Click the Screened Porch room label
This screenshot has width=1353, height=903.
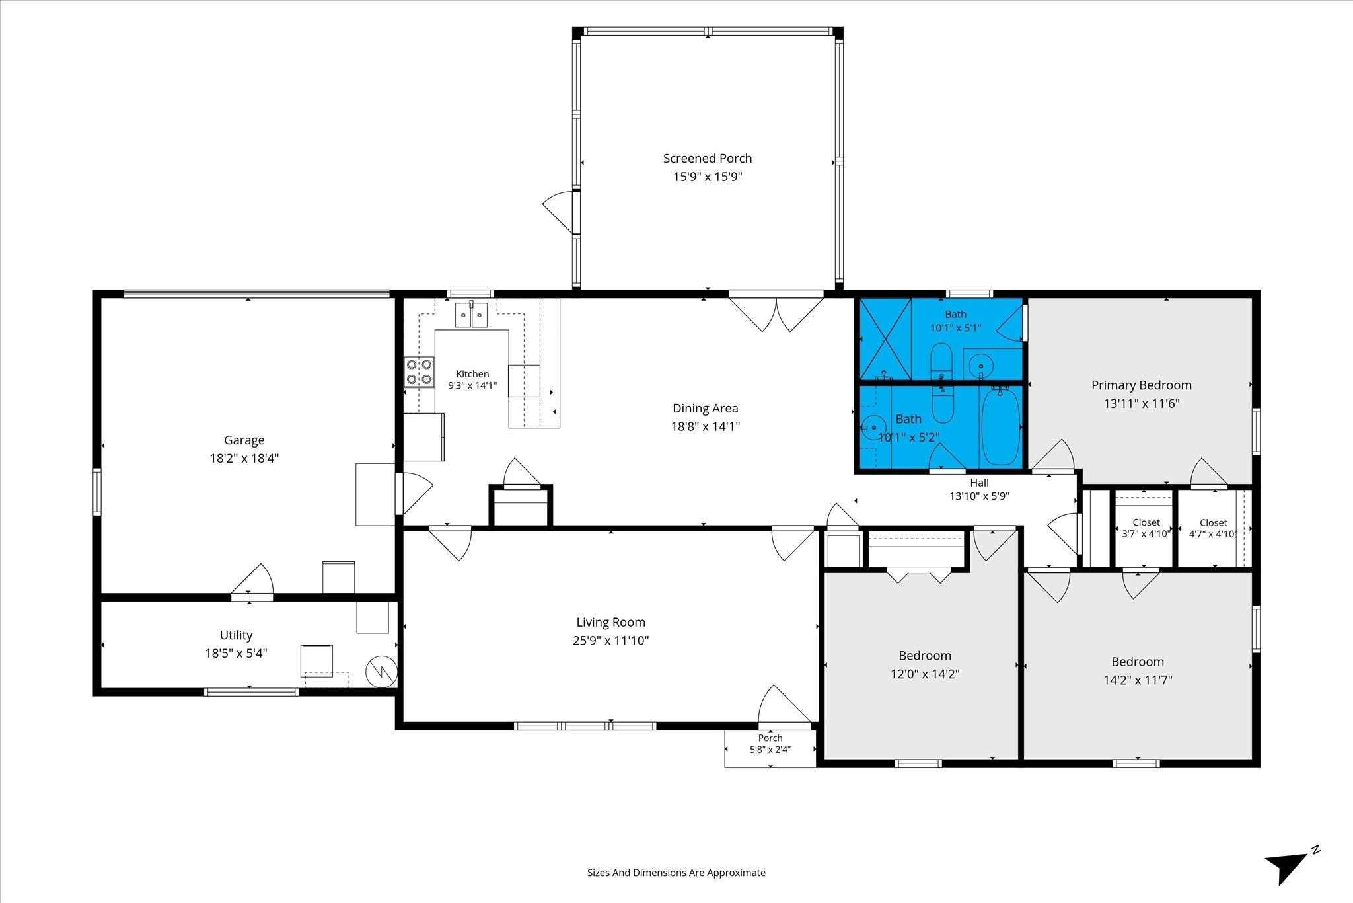tap(708, 159)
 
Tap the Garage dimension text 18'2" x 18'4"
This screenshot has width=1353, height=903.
tap(244, 458)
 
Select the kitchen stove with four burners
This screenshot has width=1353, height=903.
tap(420, 372)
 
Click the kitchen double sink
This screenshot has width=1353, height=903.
tap(472, 315)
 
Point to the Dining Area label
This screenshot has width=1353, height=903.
tap(706, 409)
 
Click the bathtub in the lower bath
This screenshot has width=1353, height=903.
tap(1000, 426)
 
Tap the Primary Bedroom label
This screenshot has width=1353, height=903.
tap(1142, 385)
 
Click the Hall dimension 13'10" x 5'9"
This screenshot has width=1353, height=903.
tap(980, 496)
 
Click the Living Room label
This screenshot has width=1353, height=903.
tap(611, 622)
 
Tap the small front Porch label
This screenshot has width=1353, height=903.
tap(770, 738)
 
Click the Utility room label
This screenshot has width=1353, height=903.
tap(237, 635)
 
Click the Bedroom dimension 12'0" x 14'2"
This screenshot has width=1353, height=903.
tap(925, 674)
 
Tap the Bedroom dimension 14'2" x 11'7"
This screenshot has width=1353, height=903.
tap(1138, 680)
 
